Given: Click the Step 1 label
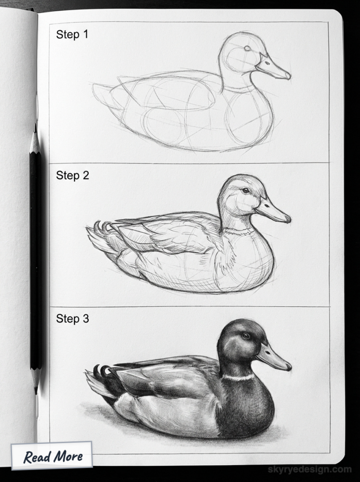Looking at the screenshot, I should coord(72,34).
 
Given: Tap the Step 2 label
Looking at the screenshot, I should coord(72,176).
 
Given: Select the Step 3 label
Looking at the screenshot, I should coord(72,319).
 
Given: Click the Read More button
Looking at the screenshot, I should coord(53,456).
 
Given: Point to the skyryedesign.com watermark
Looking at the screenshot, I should coord(309,469).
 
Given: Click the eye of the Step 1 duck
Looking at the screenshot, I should coord(248,48).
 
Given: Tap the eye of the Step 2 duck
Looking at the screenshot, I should coord(246,191).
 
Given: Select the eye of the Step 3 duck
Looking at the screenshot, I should coord(246,336).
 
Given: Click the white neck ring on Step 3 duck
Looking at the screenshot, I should coord(238,378).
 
